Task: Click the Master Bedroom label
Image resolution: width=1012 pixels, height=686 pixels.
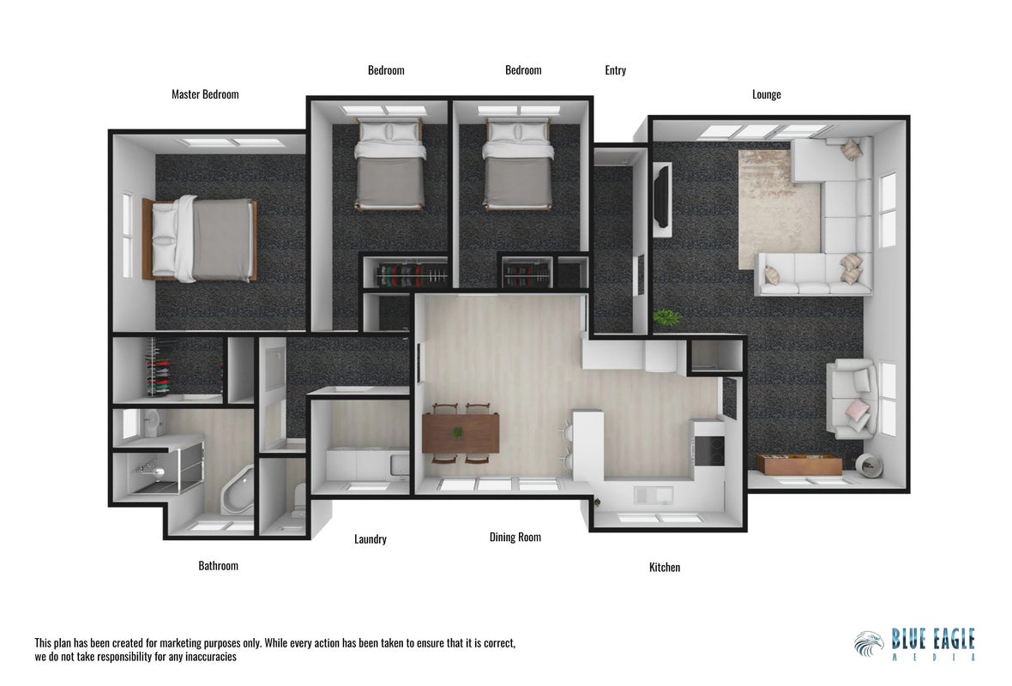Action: pyautogui.click(x=205, y=94)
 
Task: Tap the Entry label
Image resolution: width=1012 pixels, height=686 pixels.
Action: pyautogui.click(x=615, y=70)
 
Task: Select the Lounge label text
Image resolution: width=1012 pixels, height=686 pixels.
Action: pyautogui.click(x=766, y=95)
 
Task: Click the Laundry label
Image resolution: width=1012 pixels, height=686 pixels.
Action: pyautogui.click(x=370, y=539)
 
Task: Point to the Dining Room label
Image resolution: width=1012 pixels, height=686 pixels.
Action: pyautogui.click(x=515, y=537)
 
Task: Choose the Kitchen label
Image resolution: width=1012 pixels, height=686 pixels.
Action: pyautogui.click(x=664, y=568)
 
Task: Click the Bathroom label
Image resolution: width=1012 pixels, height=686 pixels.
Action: pyautogui.click(x=218, y=566)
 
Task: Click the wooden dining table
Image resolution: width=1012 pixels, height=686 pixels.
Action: pyautogui.click(x=461, y=433)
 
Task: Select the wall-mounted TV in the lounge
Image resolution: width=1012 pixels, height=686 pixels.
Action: pyautogui.click(x=661, y=197)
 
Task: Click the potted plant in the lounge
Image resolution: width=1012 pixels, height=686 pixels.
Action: pyautogui.click(x=666, y=317)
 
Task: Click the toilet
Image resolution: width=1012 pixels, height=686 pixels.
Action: pyautogui.click(x=299, y=504)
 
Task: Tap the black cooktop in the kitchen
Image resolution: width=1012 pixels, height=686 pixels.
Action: pyautogui.click(x=708, y=450)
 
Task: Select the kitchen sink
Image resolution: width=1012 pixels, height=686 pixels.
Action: pyautogui.click(x=654, y=495)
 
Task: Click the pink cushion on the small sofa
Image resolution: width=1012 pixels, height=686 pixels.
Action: pyautogui.click(x=858, y=409)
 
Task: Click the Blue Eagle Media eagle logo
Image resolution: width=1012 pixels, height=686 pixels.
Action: pyautogui.click(x=869, y=643)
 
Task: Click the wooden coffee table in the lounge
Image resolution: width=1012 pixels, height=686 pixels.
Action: pyautogui.click(x=799, y=464)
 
